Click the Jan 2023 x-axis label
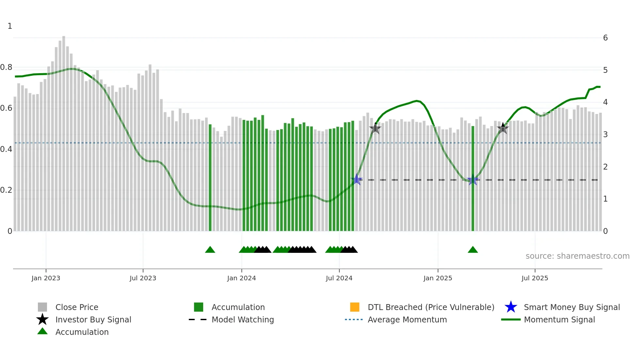(x=46, y=278)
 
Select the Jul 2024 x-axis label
(x=339, y=278)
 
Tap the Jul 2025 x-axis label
(x=535, y=278)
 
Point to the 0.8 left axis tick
(x=6, y=67)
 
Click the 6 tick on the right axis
(x=605, y=38)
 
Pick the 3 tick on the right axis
(x=605, y=135)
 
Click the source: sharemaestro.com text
(x=577, y=256)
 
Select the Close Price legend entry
(x=77, y=307)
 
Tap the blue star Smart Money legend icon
(x=511, y=307)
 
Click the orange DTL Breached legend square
(x=355, y=307)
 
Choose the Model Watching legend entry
(x=242, y=319)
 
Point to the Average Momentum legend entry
(x=407, y=319)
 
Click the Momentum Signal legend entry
(x=559, y=319)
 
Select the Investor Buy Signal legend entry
(x=93, y=319)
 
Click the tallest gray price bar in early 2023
(x=64, y=131)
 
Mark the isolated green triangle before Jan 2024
(x=210, y=250)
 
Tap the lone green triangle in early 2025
(x=473, y=250)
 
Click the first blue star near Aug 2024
(x=357, y=179)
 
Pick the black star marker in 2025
(x=503, y=128)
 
